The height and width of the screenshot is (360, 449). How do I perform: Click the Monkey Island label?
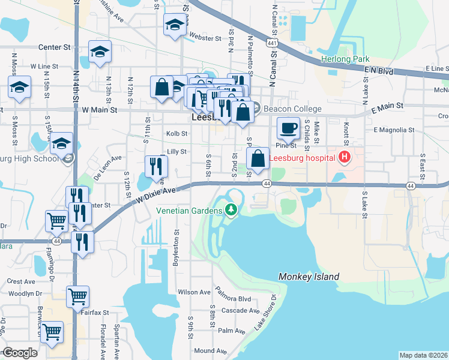pos(309,277)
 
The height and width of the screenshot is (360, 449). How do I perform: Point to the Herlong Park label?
pos(345,59)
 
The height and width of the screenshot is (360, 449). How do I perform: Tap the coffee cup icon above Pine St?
pos(288,127)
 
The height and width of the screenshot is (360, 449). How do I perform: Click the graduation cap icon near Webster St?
pos(175,25)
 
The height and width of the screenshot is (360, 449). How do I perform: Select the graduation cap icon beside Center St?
pos(100,52)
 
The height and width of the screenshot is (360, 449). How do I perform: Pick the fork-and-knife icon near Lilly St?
pos(156,166)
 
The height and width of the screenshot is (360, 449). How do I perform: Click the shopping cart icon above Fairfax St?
pos(78,296)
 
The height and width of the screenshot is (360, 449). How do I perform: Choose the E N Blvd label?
pos(378,71)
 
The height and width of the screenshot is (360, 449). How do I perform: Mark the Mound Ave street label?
pos(210,350)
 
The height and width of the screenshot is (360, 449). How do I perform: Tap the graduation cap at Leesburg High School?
pos(61,145)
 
